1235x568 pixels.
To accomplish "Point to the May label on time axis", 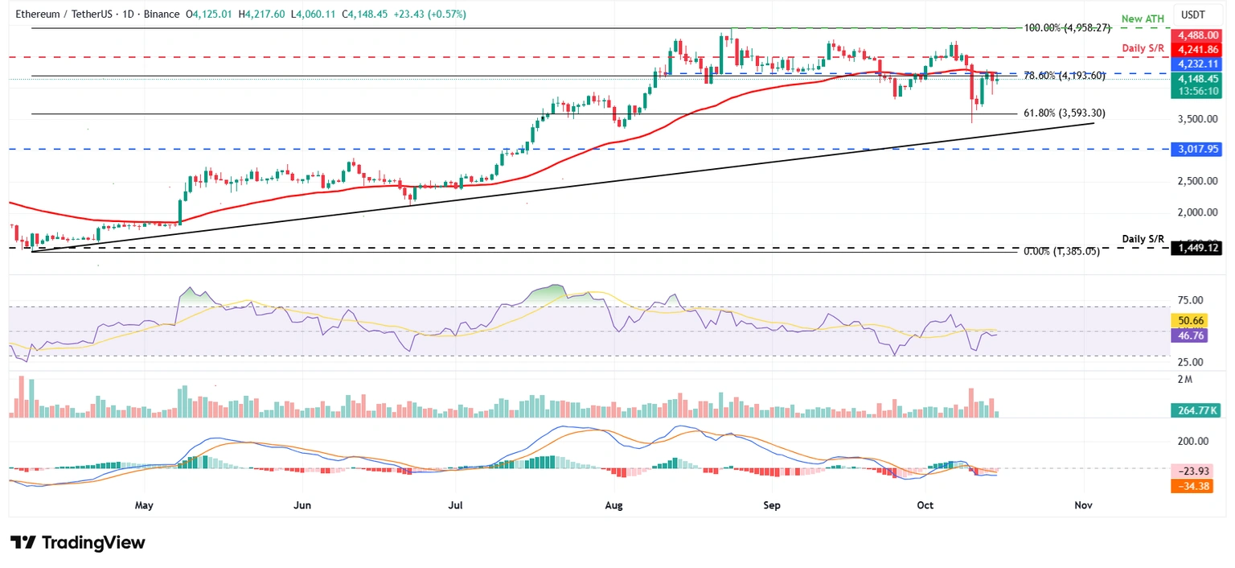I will pos(144,505).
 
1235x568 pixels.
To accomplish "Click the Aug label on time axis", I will pos(613,505).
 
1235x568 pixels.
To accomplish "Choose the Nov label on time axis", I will pos(1083,505).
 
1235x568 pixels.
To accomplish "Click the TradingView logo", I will pos(78,543).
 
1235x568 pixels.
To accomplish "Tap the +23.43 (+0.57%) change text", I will pos(427,14).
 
